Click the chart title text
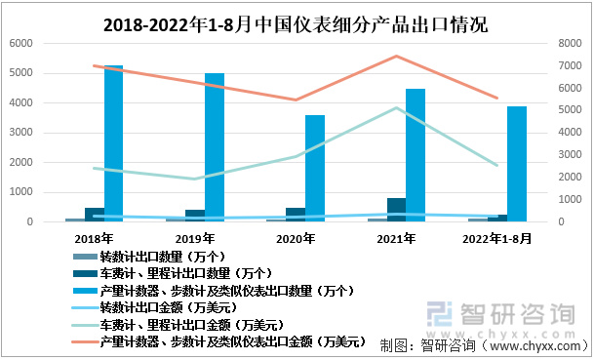click(297, 21)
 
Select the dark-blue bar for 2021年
click(395, 210)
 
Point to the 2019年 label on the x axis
click(195, 237)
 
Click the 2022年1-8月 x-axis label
click(495, 237)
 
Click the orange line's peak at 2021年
click(396, 57)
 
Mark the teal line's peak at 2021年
click(396, 108)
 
